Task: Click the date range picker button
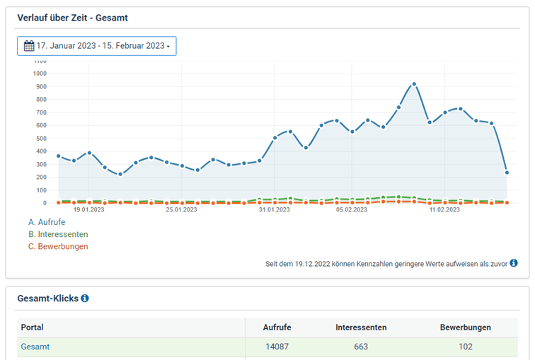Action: [x=97, y=46]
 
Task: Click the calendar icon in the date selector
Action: [x=29, y=46]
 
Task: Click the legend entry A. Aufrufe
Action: [x=47, y=222]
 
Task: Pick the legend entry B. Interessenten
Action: [x=58, y=234]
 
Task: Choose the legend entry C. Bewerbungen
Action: [x=58, y=246]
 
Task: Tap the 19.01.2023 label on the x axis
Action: [x=89, y=209]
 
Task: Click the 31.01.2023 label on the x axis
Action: [x=274, y=209]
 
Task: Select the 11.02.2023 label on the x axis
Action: [x=444, y=209]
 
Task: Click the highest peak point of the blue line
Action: [x=414, y=84]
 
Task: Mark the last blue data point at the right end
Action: [x=507, y=173]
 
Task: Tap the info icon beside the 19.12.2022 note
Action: [x=514, y=263]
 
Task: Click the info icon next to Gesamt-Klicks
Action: [x=85, y=298]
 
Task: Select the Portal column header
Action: [x=33, y=327]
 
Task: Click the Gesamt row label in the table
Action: [x=35, y=347]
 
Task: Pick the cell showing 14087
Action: [x=277, y=347]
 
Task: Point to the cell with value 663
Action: [x=361, y=347]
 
